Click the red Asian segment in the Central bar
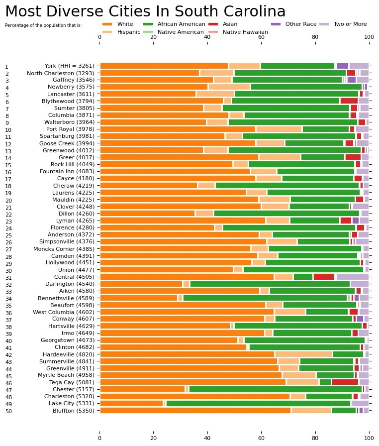[324, 277]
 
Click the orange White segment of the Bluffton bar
[195, 411]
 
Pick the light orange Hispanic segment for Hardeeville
[303, 354]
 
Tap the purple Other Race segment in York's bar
[342, 66]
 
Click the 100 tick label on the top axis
[369, 36]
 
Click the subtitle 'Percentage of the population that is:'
[43, 25]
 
